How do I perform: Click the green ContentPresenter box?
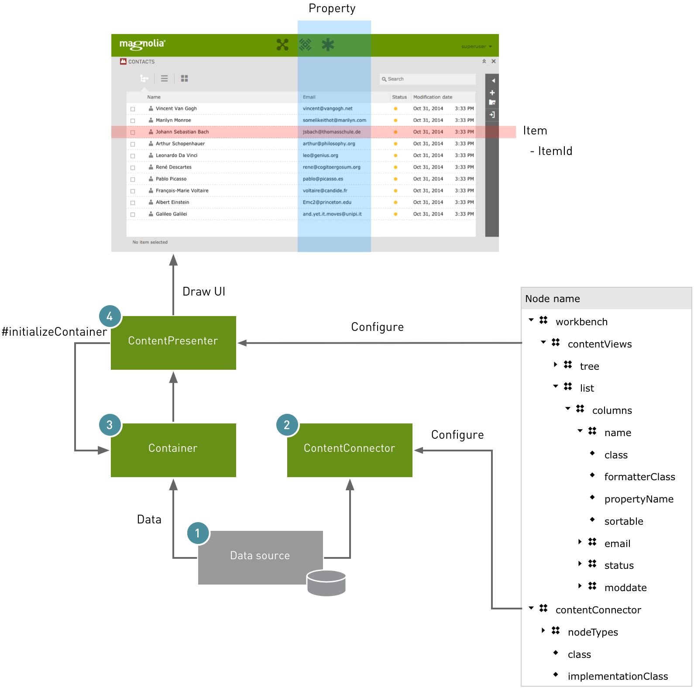pyautogui.click(x=173, y=343)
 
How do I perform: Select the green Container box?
pyautogui.click(x=173, y=450)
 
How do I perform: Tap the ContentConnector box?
pyautogui.click(x=350, y=450)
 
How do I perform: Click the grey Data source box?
pyautogui.click(x=260, y=557)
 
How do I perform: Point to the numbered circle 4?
pyautogui.click(x=110, y=316)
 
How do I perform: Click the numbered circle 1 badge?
pyautogui.click(x=198, y=533)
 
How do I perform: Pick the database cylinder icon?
pyautogui.click(x=326, y=583)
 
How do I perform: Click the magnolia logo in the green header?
pyautogui.click(x=142, y=44)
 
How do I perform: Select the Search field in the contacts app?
pyautogui.click(x=428, y=79)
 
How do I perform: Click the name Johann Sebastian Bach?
pyautogui.click(x=182, y=132)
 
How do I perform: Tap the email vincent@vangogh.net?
pyautogui.click(x=327, y=108)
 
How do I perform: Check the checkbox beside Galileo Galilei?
pyautogui.click(x=133, y=214)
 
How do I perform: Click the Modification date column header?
pyautogui.click(x=433, y=97)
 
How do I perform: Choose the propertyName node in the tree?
pyautogui.click(x=639, y=499)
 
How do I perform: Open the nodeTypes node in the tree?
pyautogui.click(x=592, y=632)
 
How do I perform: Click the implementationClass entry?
pyautogui.click(x=617, y=676)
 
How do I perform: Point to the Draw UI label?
pyautogui.click(x=204, y=292)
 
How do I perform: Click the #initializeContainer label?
pyautogui.click(x=54, y=332)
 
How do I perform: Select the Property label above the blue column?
pyautogui.click(x=332, y=9)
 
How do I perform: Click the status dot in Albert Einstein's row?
pyautogui.click(x=395, y=203)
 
